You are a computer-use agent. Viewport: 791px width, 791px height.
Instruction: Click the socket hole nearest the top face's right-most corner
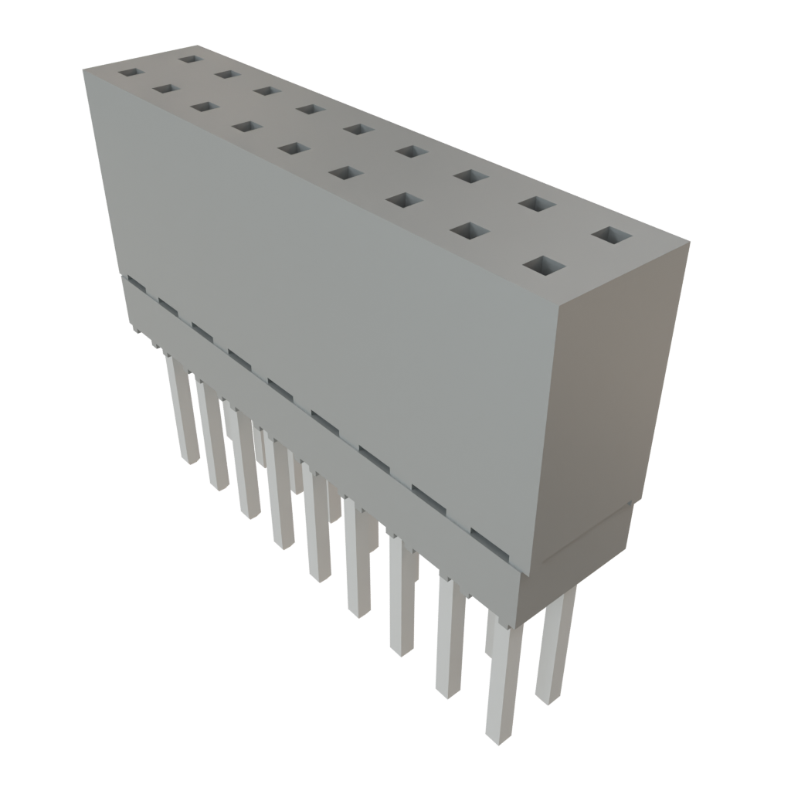(612, 234)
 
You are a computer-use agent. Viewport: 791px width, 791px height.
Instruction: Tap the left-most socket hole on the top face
(131, 73)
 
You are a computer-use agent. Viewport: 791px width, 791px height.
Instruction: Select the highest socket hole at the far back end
(189, 57)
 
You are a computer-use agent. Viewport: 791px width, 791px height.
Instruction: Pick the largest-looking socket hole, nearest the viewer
(543, 266)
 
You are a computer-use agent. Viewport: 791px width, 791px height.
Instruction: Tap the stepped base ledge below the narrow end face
(587, 541)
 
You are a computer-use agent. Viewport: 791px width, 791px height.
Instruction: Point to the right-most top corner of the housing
(688, 243)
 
